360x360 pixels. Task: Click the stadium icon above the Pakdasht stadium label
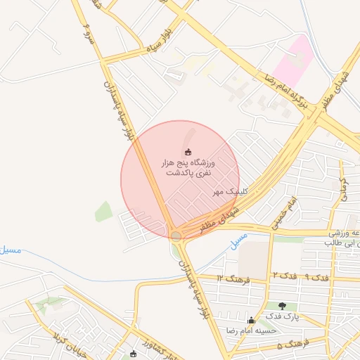click(x=188, y=151)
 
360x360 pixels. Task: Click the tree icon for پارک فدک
click(x=282, y=306)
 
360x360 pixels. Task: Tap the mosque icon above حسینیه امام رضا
click(x=251, y=320)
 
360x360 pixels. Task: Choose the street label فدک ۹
click(x=317, y=277)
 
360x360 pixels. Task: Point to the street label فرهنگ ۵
click(x=293, y=345)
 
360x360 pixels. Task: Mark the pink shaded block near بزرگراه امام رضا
click(x=293, y=60)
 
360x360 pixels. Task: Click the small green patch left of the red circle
click(x=103, y=211)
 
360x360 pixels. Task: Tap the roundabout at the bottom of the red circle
click(x=175, y=236)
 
